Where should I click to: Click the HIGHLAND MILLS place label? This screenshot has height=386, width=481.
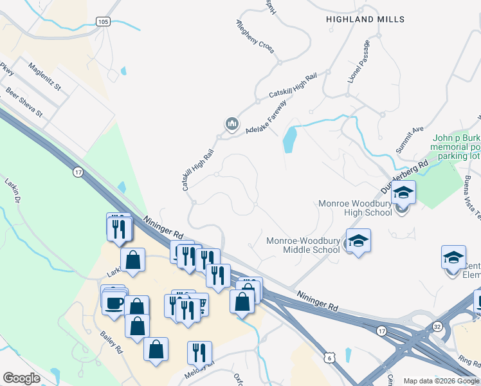[365, 19]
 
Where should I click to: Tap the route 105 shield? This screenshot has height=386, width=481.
[103, 22]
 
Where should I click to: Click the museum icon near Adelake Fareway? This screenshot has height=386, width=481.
[231, 123]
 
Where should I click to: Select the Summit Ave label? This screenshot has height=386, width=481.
[410, 138]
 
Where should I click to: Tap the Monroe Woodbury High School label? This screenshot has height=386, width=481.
[355, 208]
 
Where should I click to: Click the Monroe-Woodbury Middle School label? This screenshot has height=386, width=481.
[303, 245]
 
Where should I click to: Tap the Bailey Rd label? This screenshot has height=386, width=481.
[111, 341]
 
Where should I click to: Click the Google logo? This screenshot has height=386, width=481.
[22, 378]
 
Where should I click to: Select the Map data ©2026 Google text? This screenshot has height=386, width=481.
[441, 381]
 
